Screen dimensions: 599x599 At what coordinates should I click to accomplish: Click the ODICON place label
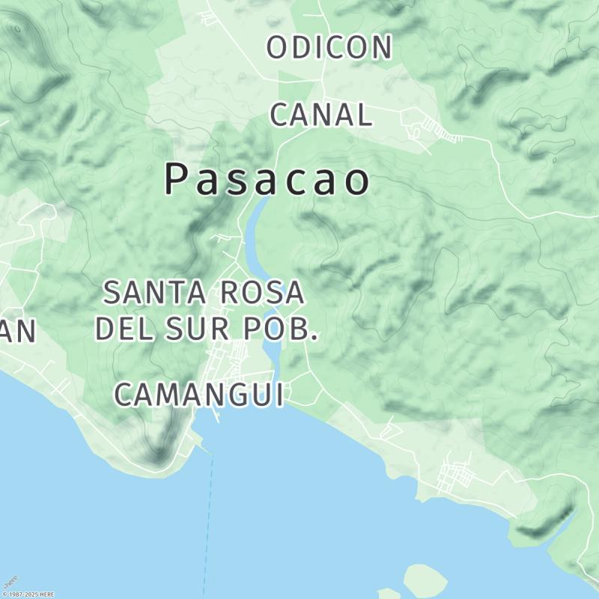pos(329,47)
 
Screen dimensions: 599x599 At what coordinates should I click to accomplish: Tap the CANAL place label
pos(320,115)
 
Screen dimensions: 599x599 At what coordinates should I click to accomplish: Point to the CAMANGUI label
pos(199,395)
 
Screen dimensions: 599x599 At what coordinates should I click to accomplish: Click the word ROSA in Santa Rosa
pos(262,293)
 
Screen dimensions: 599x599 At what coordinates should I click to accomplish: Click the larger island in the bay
pos(425,578)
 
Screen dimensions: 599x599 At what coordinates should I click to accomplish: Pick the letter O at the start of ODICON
pos(277,47)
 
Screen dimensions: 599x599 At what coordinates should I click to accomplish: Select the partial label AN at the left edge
pos(16,331)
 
